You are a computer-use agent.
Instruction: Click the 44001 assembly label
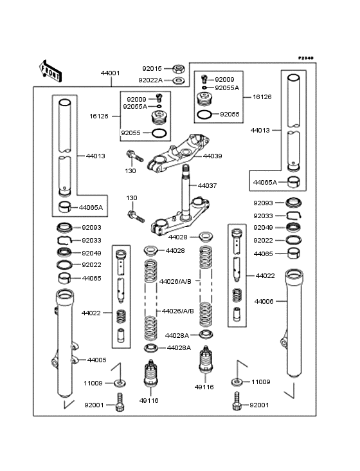click(110, 73)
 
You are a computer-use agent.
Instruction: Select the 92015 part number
click(152, 68)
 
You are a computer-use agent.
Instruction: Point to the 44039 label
click(213, 156)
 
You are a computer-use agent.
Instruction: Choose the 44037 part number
click(207, 185)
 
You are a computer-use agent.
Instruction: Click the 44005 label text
click(96, 360)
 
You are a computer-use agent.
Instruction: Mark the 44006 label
click(264, 301)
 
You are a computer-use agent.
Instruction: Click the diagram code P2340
click(305, 58)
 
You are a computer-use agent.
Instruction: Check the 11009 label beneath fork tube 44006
click(261, 382)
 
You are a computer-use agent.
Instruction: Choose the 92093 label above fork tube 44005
click(91, 228)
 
